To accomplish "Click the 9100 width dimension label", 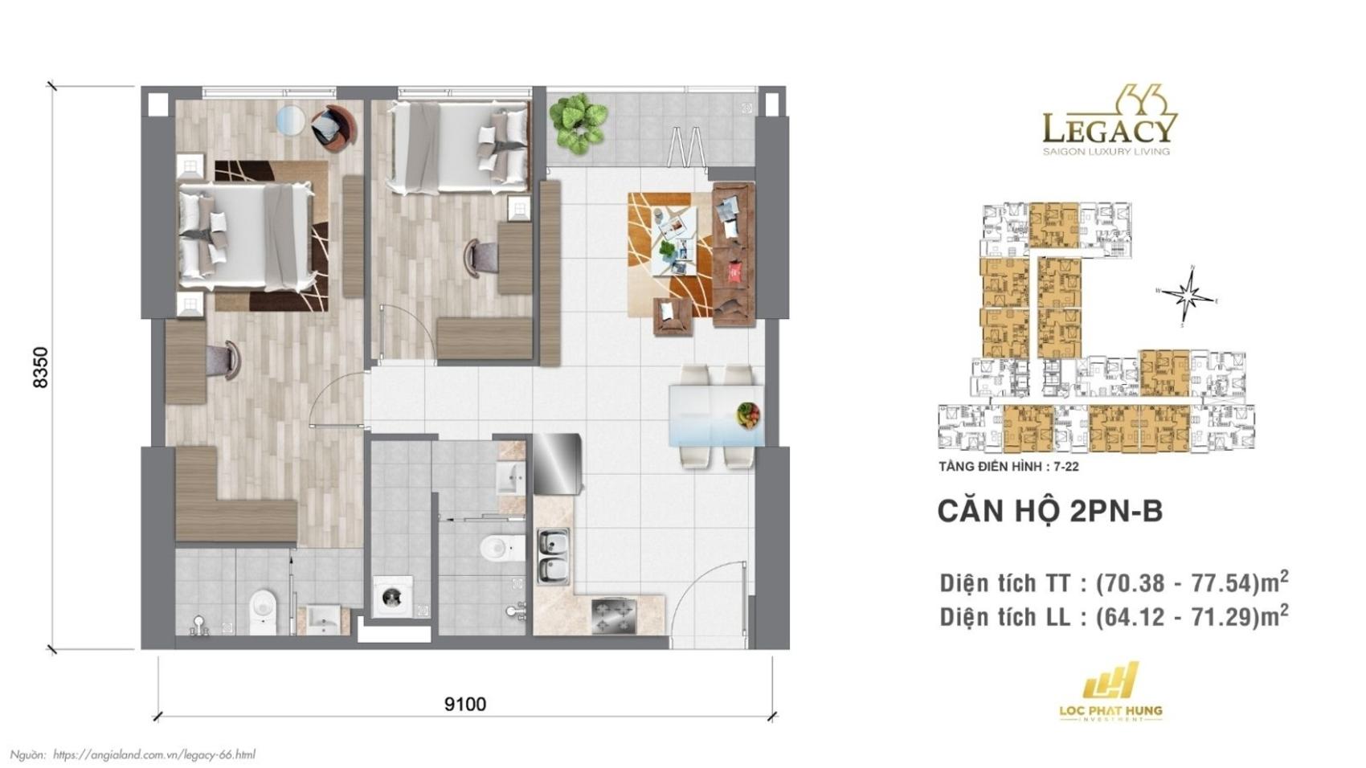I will [x=465, y=705].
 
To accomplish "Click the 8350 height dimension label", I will [x=40, y=367].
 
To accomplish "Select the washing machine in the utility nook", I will [x=392, y=596].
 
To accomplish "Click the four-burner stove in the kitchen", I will [x=614, y=616].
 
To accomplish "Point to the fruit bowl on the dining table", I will [x=748, y=415].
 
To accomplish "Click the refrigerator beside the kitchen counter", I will [x=557, y=463].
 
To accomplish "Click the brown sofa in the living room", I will [x=734, y=255].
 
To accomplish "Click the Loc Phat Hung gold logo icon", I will [x=1110, y=680].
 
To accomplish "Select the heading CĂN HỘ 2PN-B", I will [x=1050, y=511].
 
